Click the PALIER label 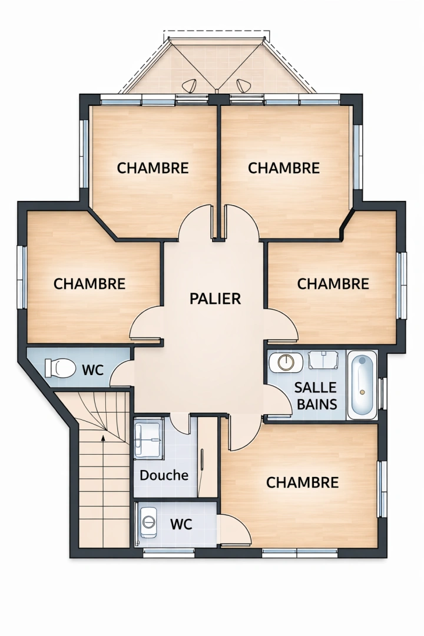point(215,299)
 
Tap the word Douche point(164,475)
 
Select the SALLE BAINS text point(316,396)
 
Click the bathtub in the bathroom point(362,385)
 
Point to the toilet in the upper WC point(60,369)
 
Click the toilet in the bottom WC point(148,521)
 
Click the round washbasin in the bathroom point(286,362)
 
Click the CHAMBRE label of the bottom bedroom point(303,483)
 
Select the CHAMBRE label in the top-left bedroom point(153,168)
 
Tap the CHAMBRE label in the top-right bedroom point(284,168)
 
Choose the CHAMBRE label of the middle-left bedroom point(90,284)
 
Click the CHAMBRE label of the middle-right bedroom point(333,284)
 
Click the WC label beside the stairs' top point(93,370)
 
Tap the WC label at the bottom point(181,524)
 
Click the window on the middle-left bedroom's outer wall point(22,277)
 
